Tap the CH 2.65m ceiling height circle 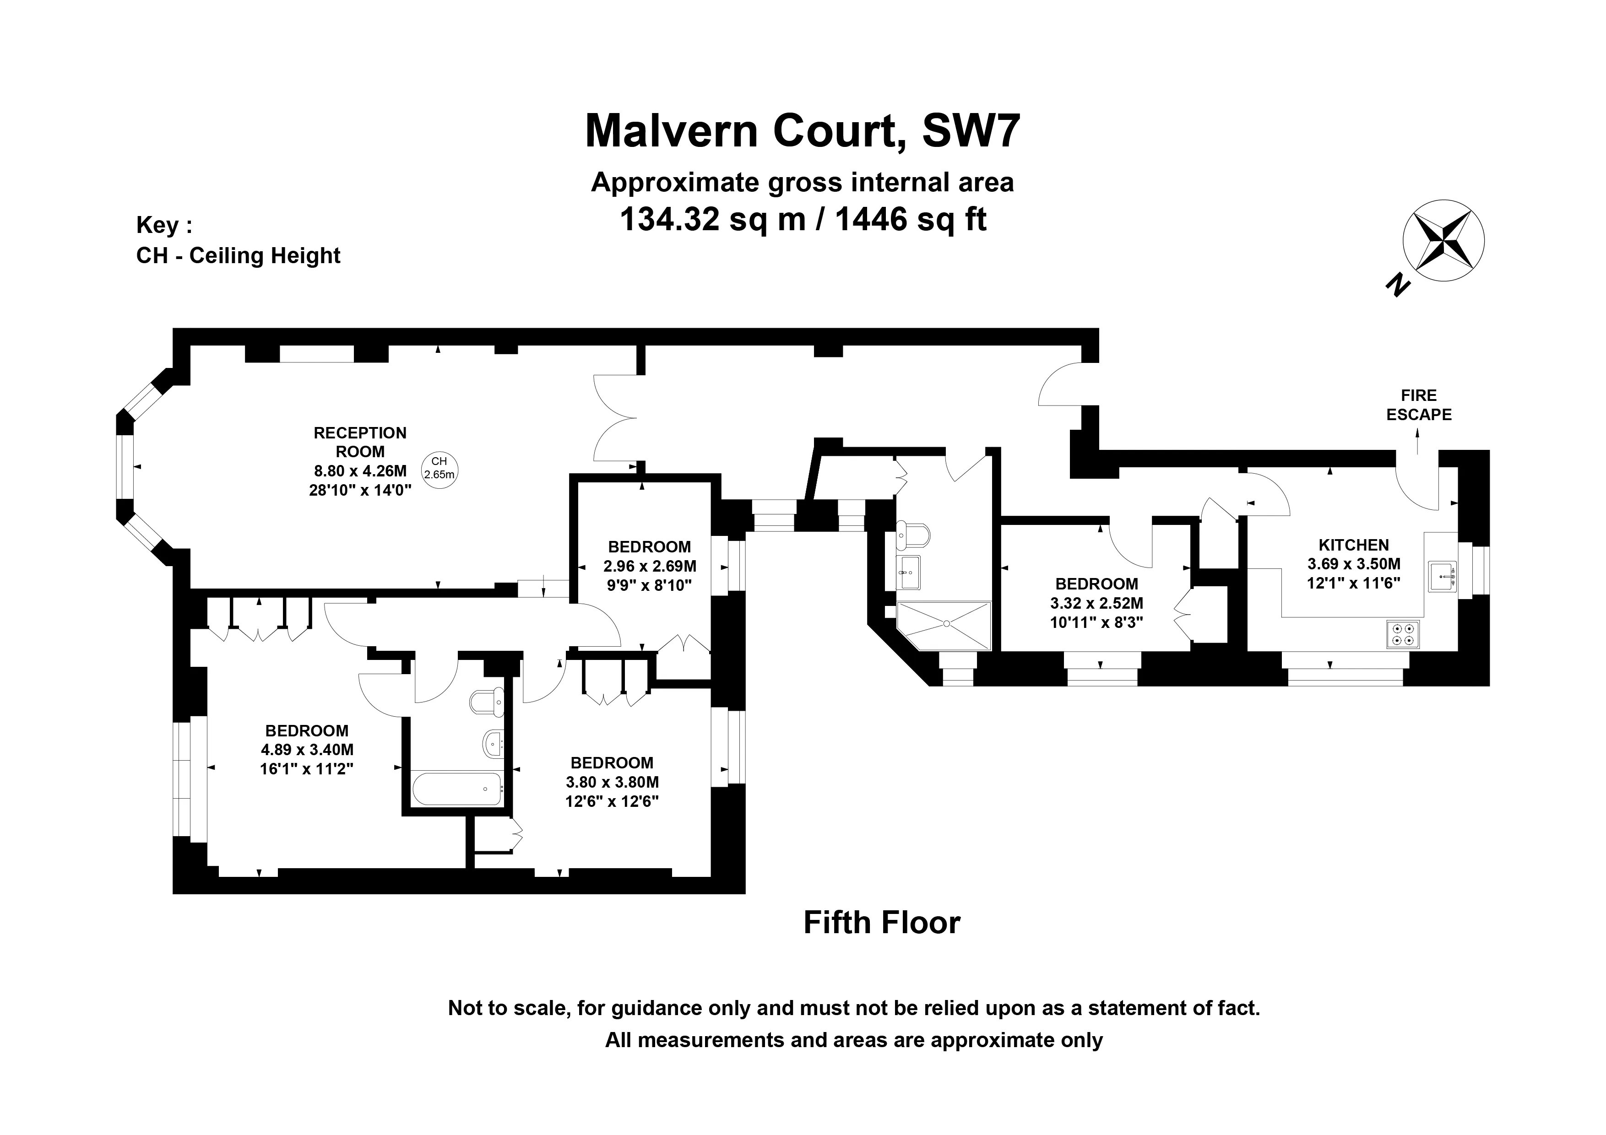coord(439,468)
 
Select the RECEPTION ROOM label coord(360,442)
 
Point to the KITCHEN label coord(1353,545)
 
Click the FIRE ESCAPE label coord(1419,405)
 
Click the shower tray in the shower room coord(944,625)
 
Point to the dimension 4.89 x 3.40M coord(307,750)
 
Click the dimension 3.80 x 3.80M coord(612,782)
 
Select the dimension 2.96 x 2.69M coord(650,566)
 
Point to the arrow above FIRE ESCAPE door coord(1418,442)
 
